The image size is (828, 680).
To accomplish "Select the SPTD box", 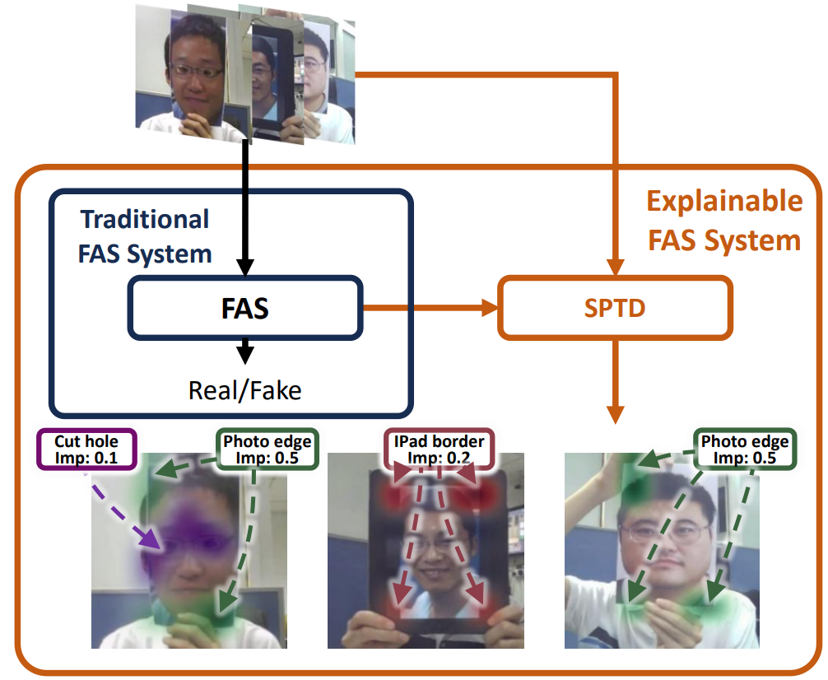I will coord(615,309).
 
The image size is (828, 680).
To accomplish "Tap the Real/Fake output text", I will coord(244,389).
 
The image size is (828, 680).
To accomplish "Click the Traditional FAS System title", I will coord(145,236).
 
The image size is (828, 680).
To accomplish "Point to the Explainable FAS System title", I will coord(723,220).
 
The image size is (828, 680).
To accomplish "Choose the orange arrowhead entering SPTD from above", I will coord(615,267).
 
